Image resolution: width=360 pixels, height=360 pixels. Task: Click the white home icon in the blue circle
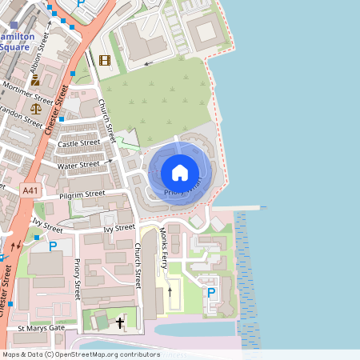(x=180, y=172)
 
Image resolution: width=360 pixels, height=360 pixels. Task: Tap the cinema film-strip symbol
(x=104, y=59)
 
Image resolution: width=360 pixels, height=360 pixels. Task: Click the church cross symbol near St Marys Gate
(x=121, y=322)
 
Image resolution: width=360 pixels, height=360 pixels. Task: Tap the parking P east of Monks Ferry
(x=211, y=293)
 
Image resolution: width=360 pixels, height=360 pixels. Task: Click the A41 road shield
(x=30, y=190)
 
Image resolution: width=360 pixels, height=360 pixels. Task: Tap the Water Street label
(x=78, y=165)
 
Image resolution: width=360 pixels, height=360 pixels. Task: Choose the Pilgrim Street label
(x=82, y=194)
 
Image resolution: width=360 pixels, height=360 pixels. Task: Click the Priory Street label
(x=78, y=278)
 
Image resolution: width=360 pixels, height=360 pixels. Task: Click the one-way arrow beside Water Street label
(x=108, y=161)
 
